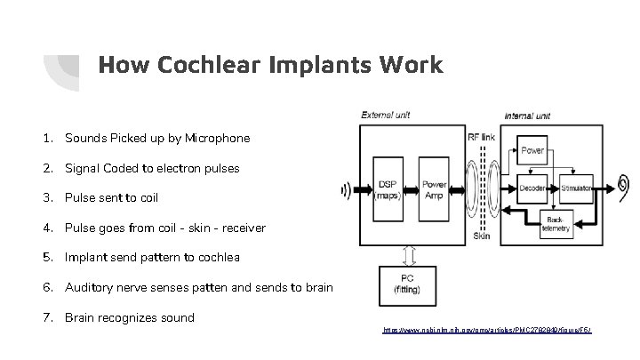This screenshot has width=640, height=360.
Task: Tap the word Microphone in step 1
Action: tap(219, 138)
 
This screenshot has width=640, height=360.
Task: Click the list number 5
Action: tap(44, 258)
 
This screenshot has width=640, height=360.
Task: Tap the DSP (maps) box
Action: tap(388, 189)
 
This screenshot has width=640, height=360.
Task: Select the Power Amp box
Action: tap(434, 189)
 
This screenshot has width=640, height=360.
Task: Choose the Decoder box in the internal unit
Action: tap(534, 188)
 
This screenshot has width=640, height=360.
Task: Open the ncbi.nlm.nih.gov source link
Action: tap(487, 330)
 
